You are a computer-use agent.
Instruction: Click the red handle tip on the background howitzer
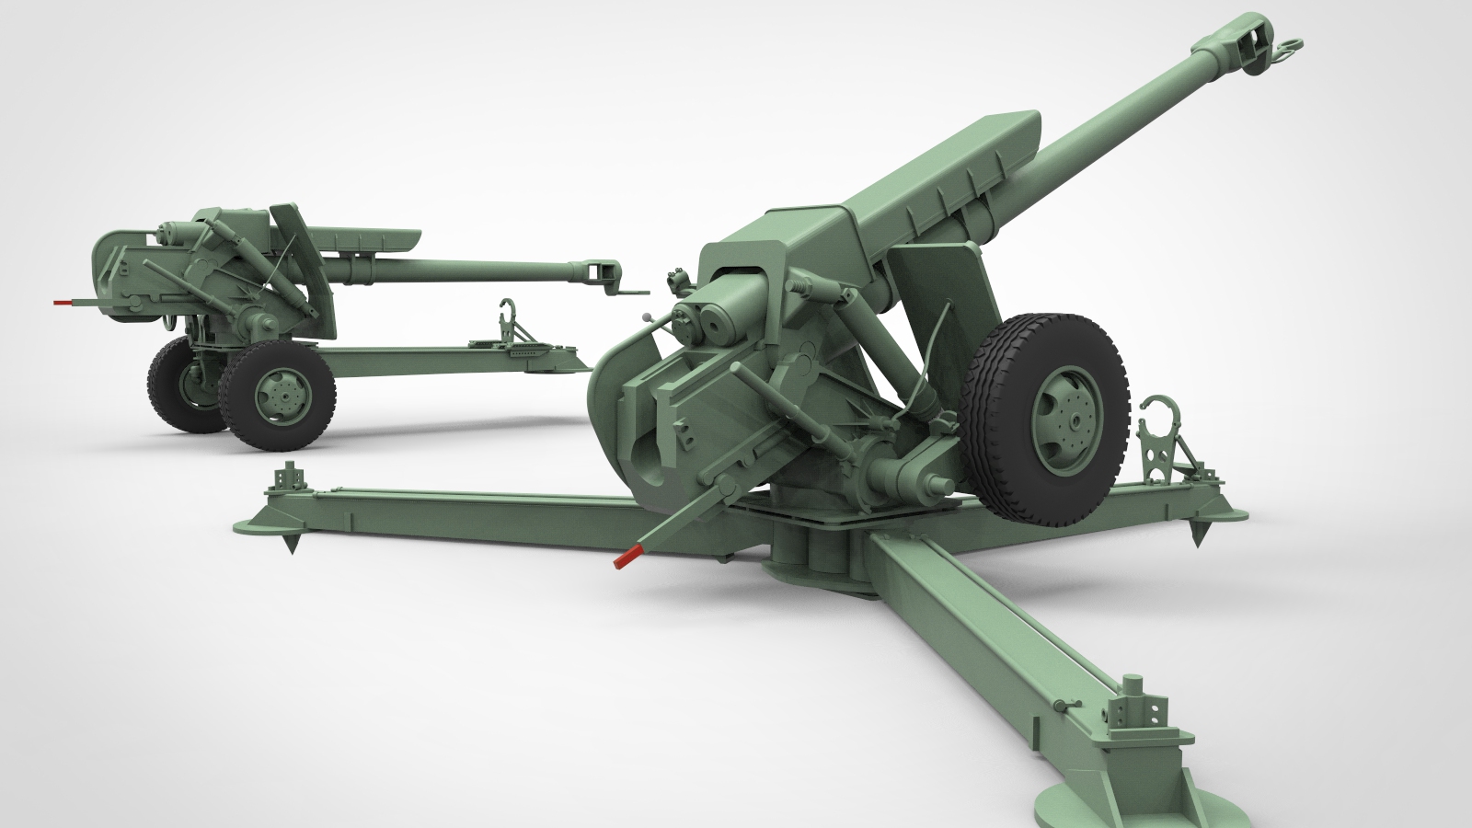(x=63, y=301)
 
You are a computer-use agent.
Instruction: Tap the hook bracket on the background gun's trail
(x=507, y=317)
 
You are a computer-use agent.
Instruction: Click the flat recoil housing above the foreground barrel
(x=929, y=175)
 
